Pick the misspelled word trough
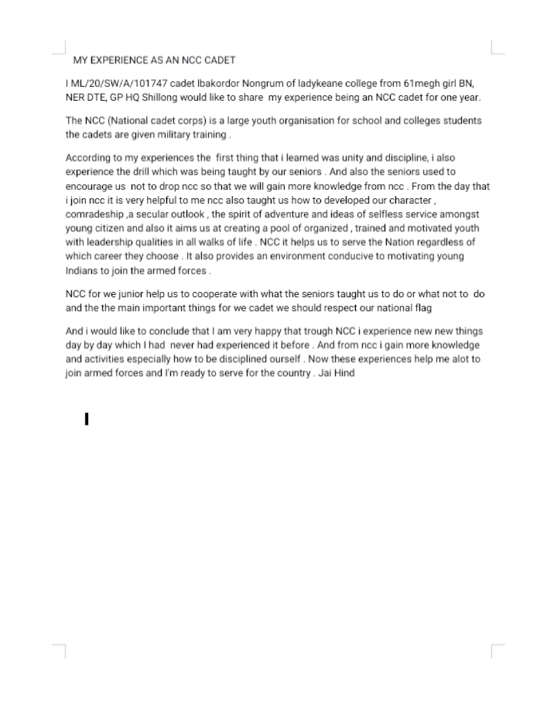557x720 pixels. point(309,331)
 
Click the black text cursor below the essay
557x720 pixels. point(87,420)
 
